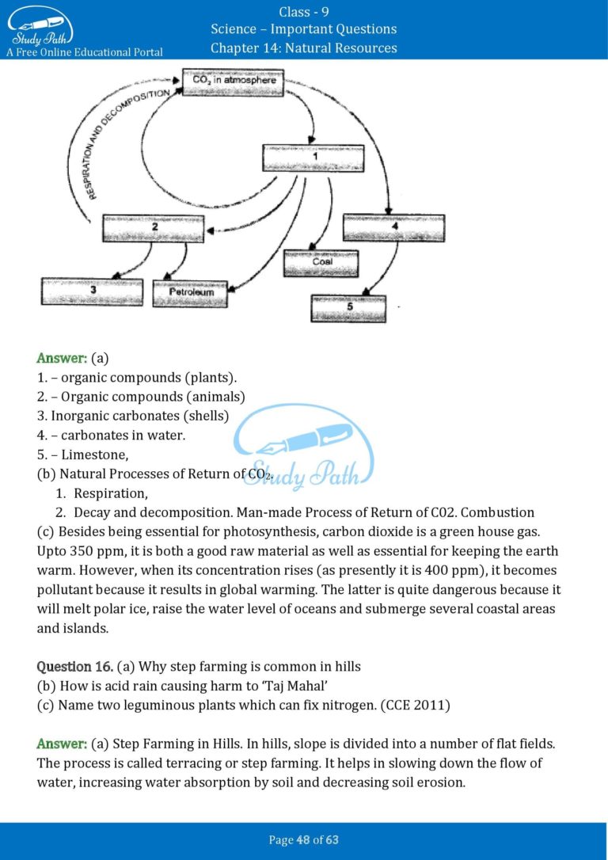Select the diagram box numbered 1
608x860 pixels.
(x=313, y=158)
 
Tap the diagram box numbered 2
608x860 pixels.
(x=154, y=228)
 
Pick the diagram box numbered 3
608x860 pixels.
(x=92, y=291)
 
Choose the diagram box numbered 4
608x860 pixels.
(x=393, y=227)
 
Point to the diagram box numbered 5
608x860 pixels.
(x=349, y=308)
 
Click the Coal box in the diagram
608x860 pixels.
(x=321, y=262)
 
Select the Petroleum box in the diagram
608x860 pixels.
(x=191, y=293)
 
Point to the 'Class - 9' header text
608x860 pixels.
(x=304, y=11)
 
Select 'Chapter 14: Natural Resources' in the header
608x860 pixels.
(x=304, y=48)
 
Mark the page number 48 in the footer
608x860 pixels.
(x=303, y=839)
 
